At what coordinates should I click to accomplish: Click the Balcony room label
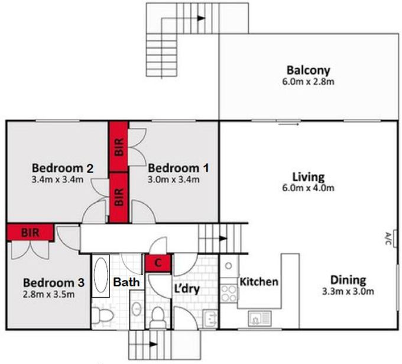coord(308,70)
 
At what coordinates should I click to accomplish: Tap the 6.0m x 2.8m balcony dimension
coord(308,81)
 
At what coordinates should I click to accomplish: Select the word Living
coord(308,176)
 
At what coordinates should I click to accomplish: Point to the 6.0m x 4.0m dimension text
coord(308,188)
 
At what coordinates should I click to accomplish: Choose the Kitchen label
coord(258,282)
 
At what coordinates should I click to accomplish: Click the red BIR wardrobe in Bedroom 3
coord(30,232)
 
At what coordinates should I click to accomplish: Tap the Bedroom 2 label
coord(62,167)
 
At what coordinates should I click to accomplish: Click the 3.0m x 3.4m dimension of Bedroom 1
coord(174,179)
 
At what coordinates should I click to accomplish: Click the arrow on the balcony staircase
coord(201,18)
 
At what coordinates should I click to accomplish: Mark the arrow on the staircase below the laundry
coord(155,343)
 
